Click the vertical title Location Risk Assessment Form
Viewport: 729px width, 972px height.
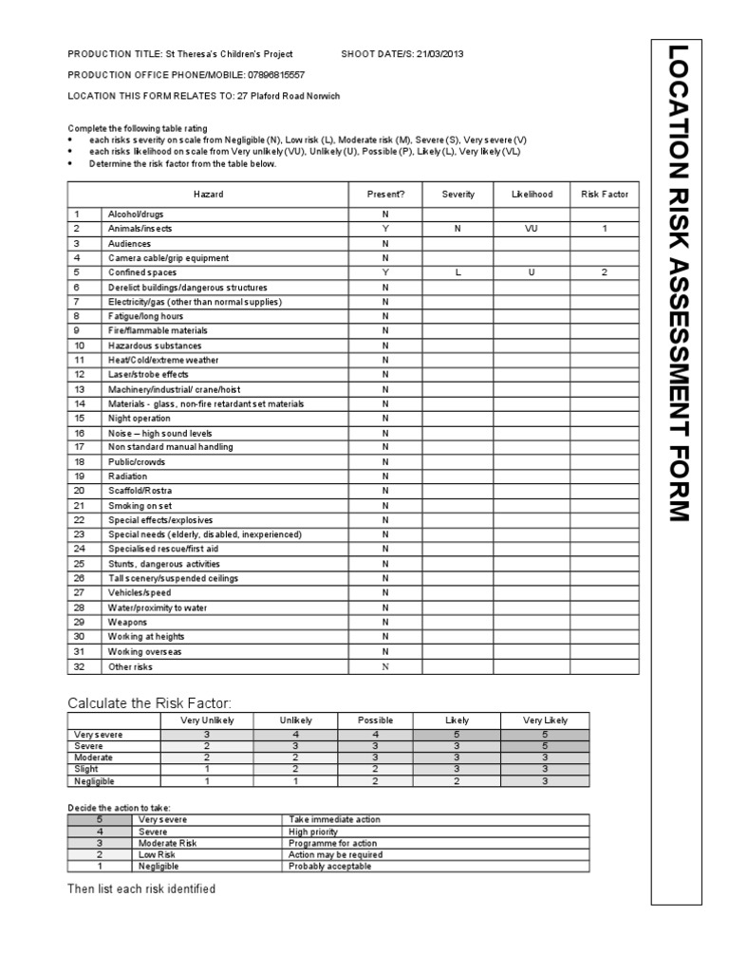click(677, 283)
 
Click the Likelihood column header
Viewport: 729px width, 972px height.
click(531, 194)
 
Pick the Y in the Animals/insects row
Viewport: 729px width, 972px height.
click(385, 229)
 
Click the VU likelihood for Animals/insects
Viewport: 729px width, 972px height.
click(531, 229)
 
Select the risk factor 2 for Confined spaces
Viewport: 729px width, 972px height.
click(604, 272)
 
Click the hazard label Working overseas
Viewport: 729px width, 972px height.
click(144, 651)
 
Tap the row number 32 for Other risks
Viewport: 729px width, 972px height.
click(80, 666)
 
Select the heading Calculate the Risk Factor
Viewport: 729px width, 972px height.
click(149, 702)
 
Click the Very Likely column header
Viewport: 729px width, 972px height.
click(546, 720)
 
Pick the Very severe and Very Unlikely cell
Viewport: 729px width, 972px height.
click(207, 734)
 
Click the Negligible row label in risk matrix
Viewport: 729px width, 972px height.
click(93, 781)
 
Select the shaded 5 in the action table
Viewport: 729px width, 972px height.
click(100, 818)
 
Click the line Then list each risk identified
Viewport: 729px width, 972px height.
click(141, 889)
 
